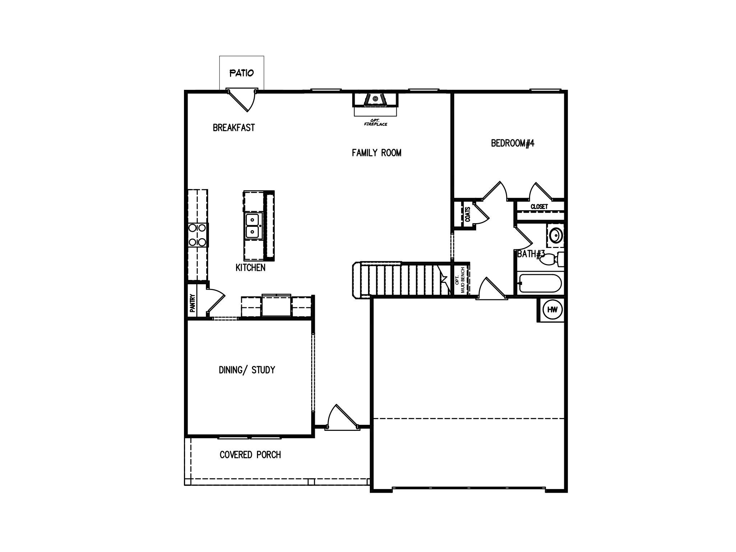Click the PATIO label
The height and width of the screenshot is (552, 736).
click(x=241, y=73)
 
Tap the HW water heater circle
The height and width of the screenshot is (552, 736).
click(x=552, y=309)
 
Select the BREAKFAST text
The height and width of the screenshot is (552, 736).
click(x=234, y=128)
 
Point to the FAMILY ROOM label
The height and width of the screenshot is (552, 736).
click(x=376, y=153)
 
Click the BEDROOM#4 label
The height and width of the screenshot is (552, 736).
click(x=512, y=143)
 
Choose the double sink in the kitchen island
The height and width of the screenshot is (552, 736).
click(x=253, y=226)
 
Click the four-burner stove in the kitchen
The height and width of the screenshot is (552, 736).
click(x=198, y=235)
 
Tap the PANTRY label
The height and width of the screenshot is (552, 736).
click(x=192, y=303)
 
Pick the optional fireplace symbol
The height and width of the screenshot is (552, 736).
click(x=375, y=99)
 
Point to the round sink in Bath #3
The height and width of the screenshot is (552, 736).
click(x=555, y=236)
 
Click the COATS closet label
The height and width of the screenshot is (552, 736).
click(x=468, y=215)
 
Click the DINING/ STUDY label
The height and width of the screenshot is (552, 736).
click(x=247, y=370)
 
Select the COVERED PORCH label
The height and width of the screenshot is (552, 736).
click(x=250, y=455)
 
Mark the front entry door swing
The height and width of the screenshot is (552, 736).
click(x=341, y=417)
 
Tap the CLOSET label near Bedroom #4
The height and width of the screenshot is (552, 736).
click(x=539, y=207)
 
